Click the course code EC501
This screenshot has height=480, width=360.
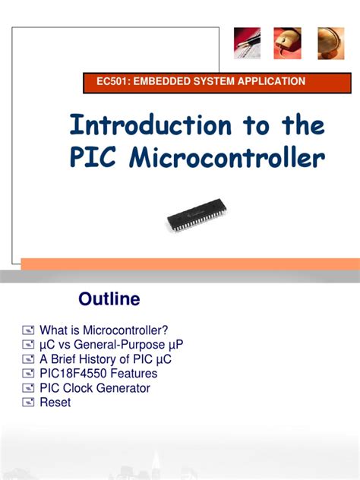[104, 81]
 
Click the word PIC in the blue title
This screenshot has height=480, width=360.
[95, 159]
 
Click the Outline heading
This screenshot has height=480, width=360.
[109, 299]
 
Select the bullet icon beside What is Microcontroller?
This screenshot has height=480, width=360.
[28, 330]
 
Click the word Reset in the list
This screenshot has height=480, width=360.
[55, 403]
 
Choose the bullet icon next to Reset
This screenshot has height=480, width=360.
[28, 403]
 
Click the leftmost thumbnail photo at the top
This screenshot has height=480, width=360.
[247, 43]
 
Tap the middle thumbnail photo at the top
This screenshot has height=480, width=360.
[287, 43]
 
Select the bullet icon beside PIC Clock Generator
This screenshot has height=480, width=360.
[28, 388]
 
